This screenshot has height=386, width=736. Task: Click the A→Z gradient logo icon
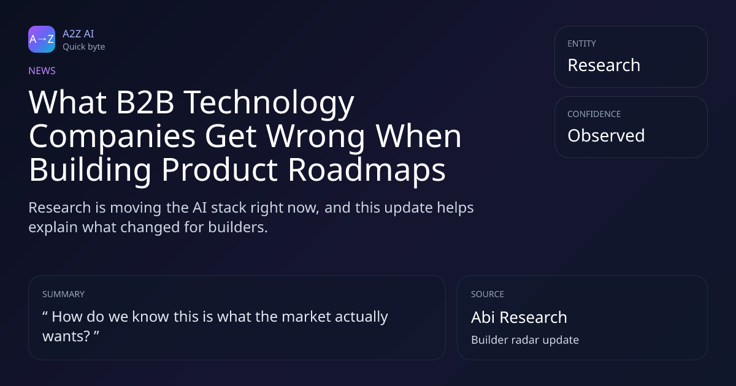pos(42,39)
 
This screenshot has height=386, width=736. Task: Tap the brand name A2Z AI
pos(79,34)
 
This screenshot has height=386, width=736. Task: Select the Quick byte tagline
pos(84,47)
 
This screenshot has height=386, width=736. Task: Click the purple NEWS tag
pos(42,70)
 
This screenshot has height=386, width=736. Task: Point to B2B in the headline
pos(145,102)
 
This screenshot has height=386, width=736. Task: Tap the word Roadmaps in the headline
pos(367,171)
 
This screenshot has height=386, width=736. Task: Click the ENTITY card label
pos(581,44)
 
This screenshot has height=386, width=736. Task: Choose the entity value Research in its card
pos(604,65)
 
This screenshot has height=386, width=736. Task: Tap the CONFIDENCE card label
pos(594,114)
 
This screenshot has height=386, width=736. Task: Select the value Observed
pos(606,135)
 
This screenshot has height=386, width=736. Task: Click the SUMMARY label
pos(63,294)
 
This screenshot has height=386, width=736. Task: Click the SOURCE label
pos(488,294)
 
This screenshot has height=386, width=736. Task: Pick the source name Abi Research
pos(519,317)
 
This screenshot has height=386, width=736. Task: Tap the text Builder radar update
pos(525,340)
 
